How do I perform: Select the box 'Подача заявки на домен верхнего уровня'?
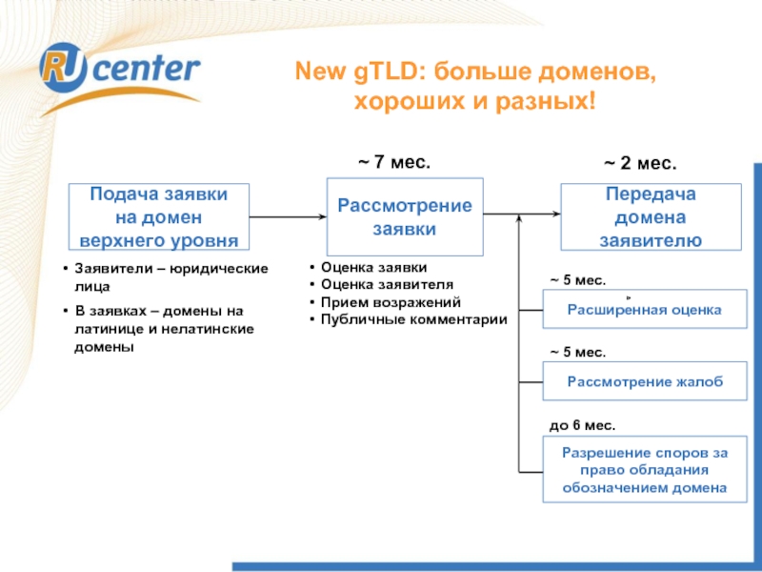(x=158, y=216)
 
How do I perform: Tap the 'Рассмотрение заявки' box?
(x=404, y=217)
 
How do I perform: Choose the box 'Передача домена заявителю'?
(x=651, y=217)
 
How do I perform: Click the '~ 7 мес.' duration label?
(x=393, y=163)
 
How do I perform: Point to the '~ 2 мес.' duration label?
(x=641, y=164)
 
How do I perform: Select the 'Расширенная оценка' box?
(x=644, y=310)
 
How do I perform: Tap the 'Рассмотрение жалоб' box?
(x=644, y=382)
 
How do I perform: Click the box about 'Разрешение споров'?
(x=644, y=470)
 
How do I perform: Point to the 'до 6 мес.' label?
(x=582, y=424)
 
